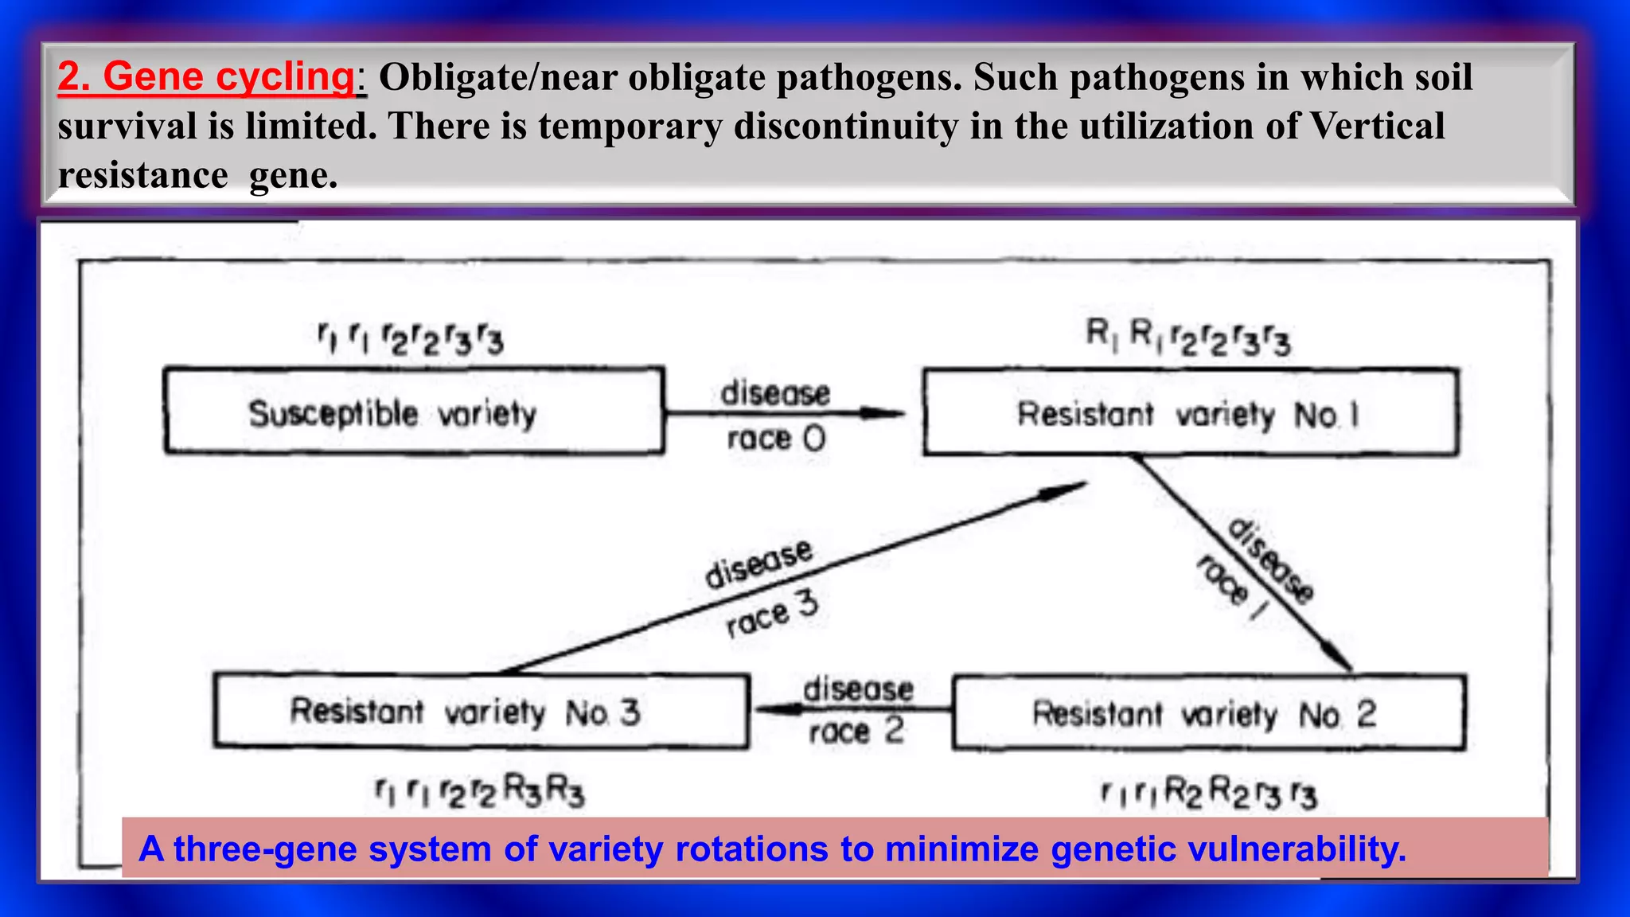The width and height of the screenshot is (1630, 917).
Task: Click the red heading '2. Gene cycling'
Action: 205,77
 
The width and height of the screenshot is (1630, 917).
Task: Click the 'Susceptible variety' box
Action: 413,412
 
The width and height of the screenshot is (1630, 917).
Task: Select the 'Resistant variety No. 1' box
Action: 1191,413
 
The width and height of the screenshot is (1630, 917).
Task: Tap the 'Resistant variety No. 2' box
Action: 1208,713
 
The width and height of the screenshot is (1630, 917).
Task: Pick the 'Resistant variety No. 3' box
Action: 481,711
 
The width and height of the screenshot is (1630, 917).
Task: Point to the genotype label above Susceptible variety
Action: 411,340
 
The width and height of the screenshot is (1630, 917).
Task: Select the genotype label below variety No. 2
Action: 1208,793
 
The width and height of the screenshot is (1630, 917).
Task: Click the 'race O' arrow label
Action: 776,439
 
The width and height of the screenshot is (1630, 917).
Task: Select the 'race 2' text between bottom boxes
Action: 856,731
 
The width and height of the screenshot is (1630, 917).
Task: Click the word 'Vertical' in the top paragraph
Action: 1377,127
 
